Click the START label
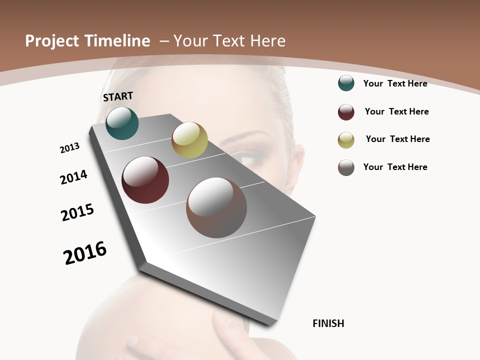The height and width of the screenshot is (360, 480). click(118, 96)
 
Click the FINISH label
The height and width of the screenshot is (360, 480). click(328, 323)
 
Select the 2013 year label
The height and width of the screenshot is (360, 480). click(69, 147)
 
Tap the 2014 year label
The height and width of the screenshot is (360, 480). click(73, 177)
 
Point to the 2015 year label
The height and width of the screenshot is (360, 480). click(77, 212)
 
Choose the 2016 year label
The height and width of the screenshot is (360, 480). click(85, 252)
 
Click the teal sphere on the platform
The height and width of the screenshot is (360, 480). click(122, 123)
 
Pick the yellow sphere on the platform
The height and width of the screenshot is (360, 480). click(189, 140)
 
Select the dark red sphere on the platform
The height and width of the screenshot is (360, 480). click(145, 180)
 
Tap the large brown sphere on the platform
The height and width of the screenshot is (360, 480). click(216, 207)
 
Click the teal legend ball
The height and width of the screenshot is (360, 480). click(346, 83)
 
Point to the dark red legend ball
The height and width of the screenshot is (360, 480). click(346, 112)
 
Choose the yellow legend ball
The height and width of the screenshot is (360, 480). click(346, 140)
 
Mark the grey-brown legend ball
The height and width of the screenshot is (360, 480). click(346, 167)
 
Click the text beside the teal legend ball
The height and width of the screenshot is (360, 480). click(395, 83)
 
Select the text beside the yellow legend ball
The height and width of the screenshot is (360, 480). click(397, 139)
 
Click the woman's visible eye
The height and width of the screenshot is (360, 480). click(250, 160)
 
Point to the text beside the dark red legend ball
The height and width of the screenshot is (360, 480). click(396, 111)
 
